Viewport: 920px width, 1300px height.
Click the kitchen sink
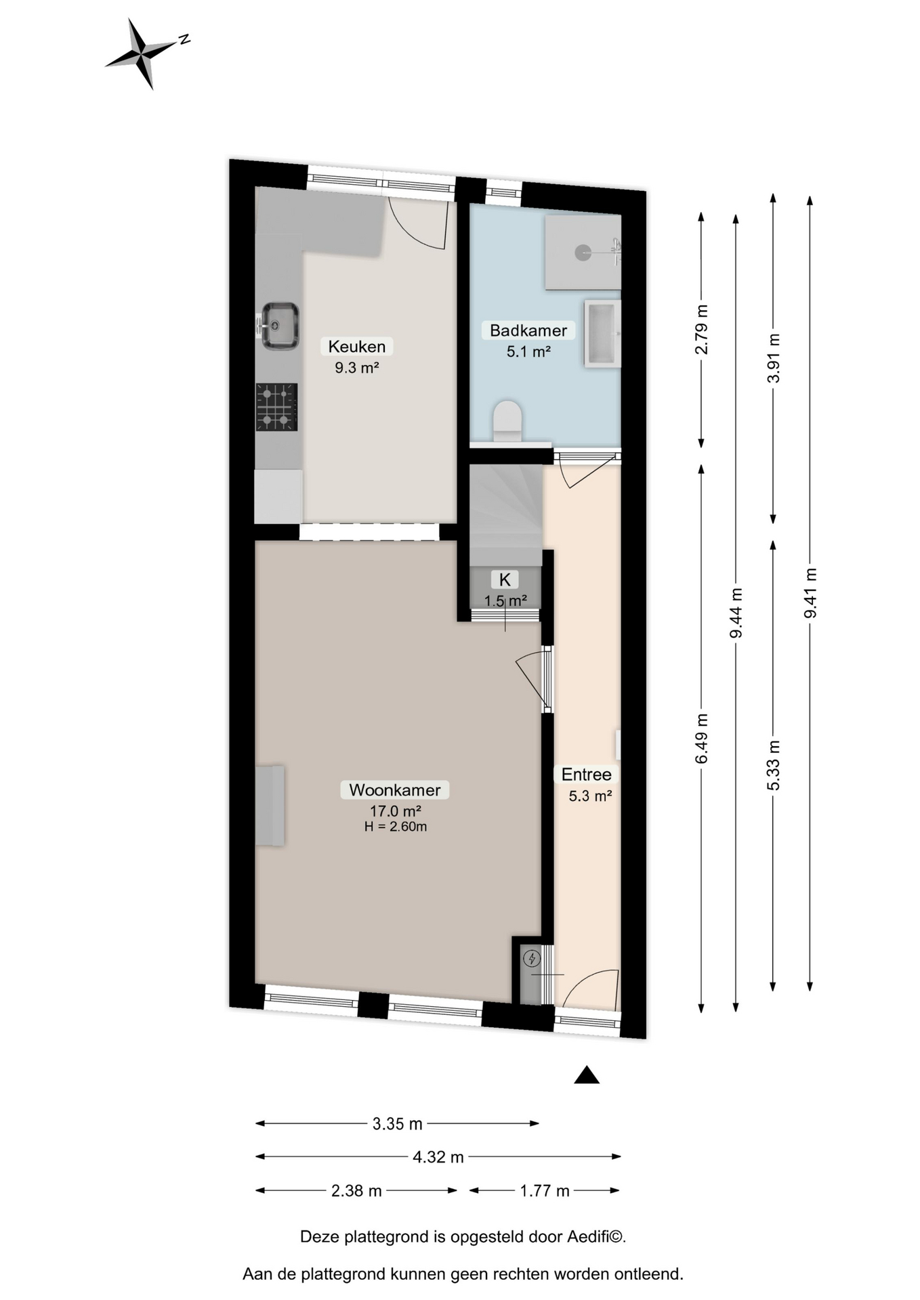(280, 326)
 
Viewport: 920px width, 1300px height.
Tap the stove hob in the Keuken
(276, 407)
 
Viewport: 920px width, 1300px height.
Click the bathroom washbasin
(602, 334)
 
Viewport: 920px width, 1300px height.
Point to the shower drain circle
(583, 253)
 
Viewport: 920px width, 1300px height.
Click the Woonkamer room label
(395, 789)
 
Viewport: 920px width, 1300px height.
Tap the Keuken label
(357, 347)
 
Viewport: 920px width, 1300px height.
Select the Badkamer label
(528, 330)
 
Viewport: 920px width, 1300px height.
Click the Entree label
(587, 774)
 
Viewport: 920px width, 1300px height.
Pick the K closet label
(505, 580)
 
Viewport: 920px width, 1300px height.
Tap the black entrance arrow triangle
(587, 1075)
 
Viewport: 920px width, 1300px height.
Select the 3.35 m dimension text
(398, 1124)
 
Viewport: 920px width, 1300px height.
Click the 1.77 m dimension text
(545, 1190)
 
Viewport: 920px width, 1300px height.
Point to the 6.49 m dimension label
(702, 738)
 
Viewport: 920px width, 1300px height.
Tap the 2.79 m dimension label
(702, 329)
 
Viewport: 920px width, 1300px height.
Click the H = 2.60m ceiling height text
(396, 826)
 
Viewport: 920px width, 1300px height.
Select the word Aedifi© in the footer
(595, 1236)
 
